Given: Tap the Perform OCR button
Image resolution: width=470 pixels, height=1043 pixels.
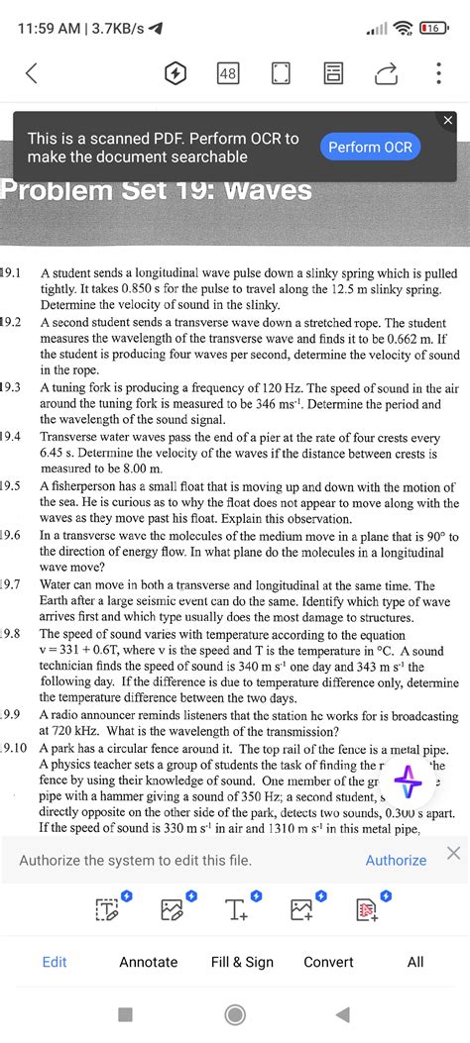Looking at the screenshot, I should (370, 148).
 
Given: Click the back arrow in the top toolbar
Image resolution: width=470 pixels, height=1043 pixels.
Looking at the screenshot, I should (31, 73).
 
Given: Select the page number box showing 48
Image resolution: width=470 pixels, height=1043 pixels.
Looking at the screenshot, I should (227, 73).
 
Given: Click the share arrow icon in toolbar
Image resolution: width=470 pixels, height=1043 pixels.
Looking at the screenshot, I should (384, 73).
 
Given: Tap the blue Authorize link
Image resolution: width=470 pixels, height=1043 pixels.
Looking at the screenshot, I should (396, 860).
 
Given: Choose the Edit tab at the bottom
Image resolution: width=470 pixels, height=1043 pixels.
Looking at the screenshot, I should (55, 962).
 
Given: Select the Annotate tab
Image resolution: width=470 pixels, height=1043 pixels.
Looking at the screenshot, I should (149, 962).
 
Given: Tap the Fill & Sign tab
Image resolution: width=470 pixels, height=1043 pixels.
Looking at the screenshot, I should (242, 962).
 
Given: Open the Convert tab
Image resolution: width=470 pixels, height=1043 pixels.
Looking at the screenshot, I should (328, 962).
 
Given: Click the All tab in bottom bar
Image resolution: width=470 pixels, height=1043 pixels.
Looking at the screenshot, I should (415, 962).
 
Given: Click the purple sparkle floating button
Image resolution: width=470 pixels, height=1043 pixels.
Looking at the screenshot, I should (408, 782).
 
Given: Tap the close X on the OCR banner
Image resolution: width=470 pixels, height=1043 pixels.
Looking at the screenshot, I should (447, 121).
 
